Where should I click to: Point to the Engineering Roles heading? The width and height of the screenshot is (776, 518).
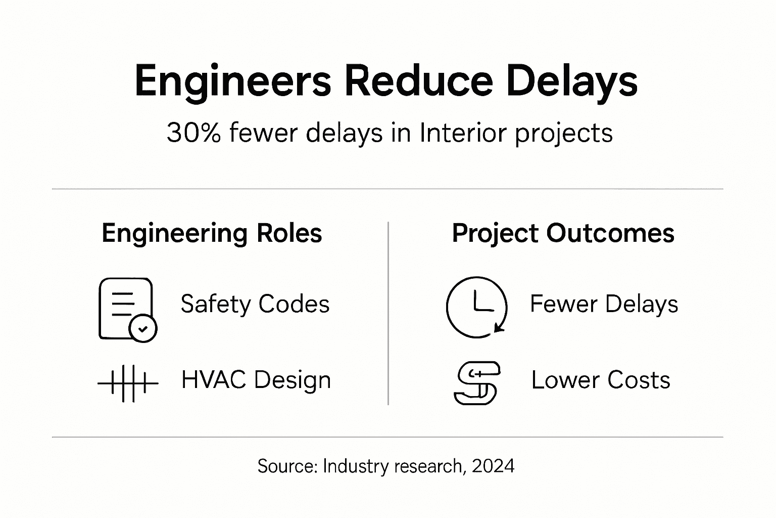pyautogui.click(x=212, y=233)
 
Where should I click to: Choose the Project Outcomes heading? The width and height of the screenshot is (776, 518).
pyautogui.click(x=563, y=233)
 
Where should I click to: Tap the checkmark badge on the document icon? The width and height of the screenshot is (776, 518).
pyautogui.click(x=143, y=328)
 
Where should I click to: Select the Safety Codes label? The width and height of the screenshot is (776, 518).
pyautogui.click(x=255, y=304)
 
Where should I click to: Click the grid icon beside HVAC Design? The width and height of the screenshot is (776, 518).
pyautogui.click(x=128, y=383)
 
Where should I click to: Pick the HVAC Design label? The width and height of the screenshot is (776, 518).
pyautogui.click(x=256, y=380)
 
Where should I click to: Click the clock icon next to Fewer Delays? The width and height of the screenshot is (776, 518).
pyautogui.click(x=476, y=307)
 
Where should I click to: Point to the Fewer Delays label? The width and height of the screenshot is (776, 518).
pyautogui.click(x=604, y=304)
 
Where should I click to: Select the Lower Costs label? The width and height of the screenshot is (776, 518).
pyautogui.click(x=601, y=380)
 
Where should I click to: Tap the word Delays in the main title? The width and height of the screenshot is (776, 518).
pyautogui.click(x=571, y=81)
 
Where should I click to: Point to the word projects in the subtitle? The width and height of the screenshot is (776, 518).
pyautogui.click(x=564, y=133)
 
